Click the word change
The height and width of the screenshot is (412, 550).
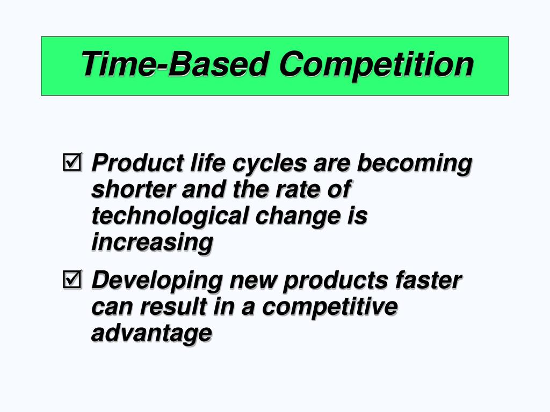309,217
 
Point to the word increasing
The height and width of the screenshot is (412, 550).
152,242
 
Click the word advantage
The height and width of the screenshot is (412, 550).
151,334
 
